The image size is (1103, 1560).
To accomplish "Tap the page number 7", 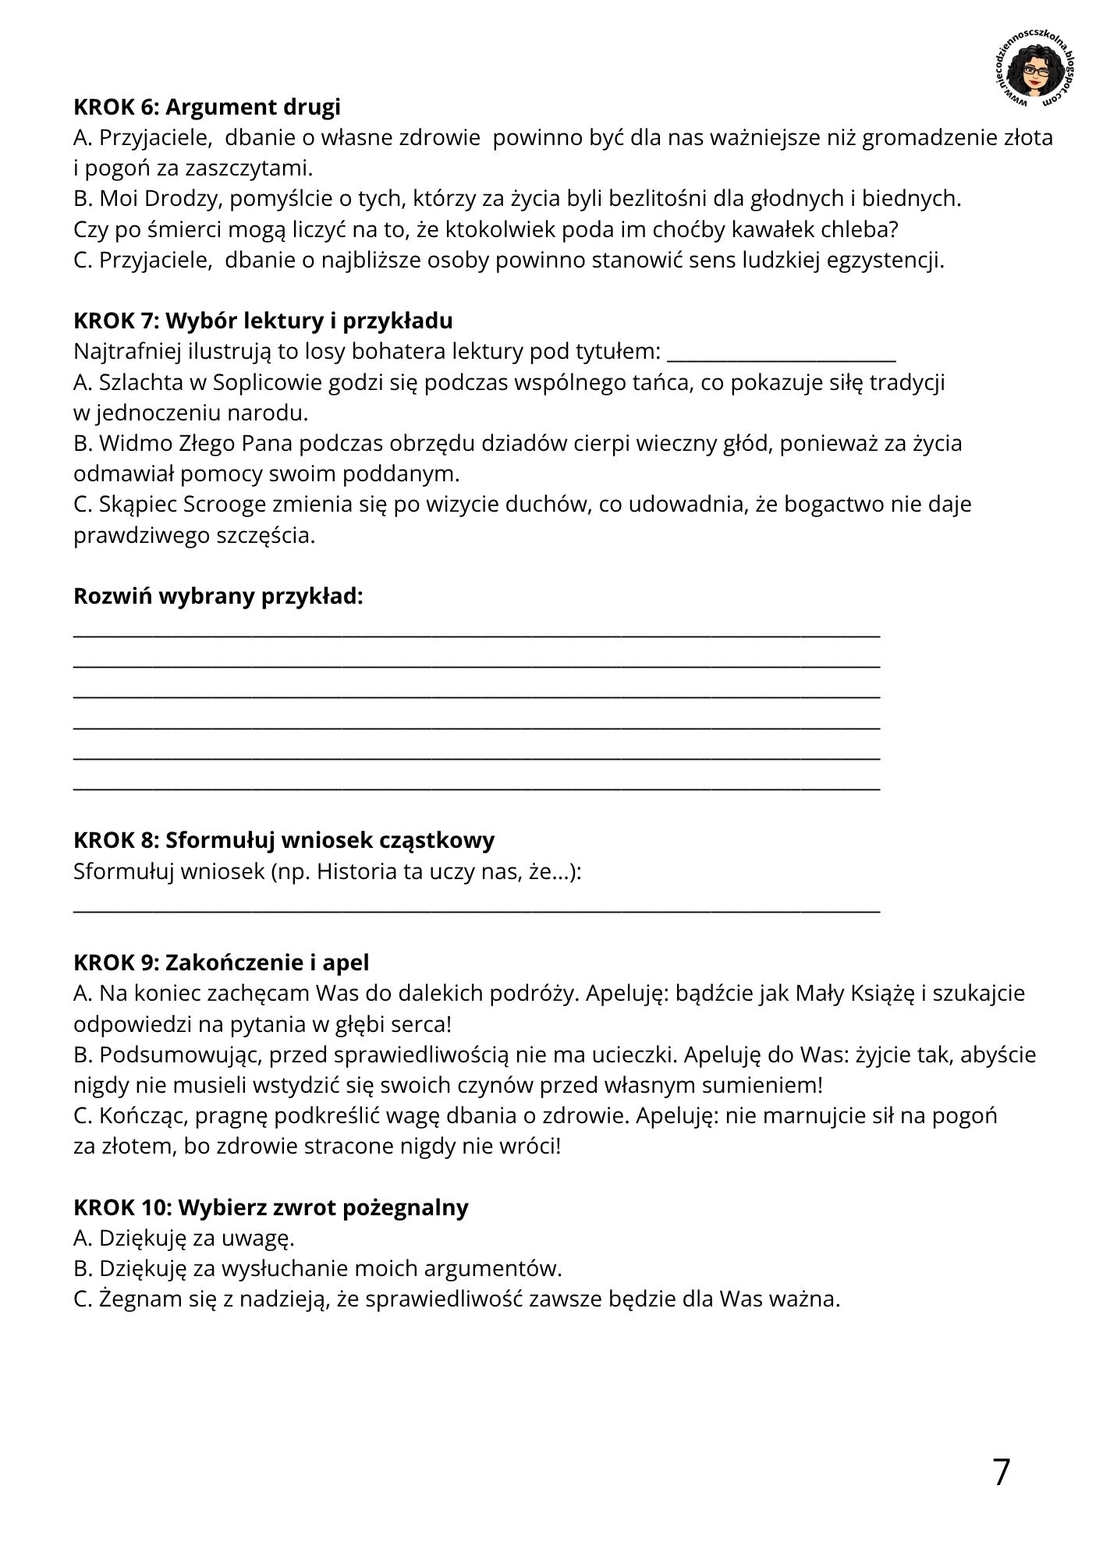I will point(1002,1472).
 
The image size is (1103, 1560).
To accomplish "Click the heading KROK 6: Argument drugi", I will point(207,107).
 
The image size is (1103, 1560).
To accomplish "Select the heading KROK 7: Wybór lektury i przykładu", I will point(263,321).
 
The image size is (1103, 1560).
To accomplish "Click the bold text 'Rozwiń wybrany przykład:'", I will point(218,596).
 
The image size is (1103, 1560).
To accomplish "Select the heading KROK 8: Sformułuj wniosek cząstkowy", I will point(284,840).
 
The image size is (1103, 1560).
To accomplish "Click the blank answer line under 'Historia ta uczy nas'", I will point(476,909).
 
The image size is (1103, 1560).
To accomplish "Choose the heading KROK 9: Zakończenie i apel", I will point(222,963).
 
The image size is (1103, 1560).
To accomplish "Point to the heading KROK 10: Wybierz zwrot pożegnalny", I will point(271,1207).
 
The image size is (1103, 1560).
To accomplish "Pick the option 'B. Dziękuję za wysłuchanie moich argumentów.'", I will point(317,1268).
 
